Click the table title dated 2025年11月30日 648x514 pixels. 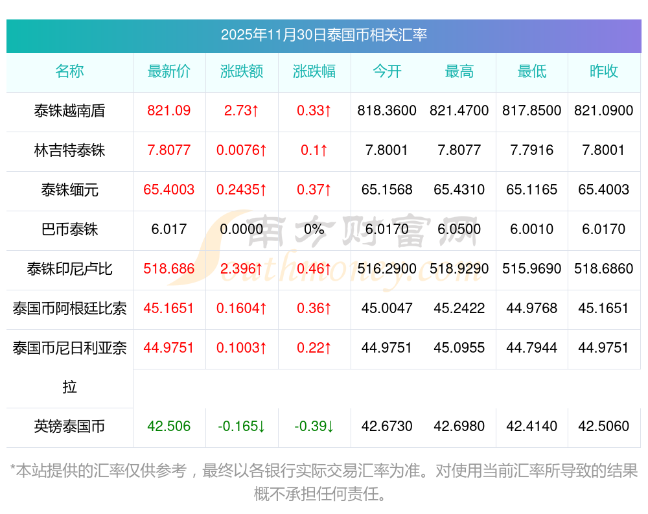(323, 35)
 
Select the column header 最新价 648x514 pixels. (169, 72)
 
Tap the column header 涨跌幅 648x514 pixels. (314, 72)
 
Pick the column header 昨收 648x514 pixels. (604, 72)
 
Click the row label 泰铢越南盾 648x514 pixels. (69, 111)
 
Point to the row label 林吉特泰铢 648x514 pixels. (69, 150)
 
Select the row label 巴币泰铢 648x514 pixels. (69, 229)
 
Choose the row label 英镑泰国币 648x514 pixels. (69, 426)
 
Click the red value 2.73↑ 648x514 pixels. (242, 111)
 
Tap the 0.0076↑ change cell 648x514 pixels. (242, 150)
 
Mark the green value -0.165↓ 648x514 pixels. (242, 426)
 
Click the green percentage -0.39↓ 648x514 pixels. (314, 426)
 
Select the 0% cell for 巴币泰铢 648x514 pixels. (314, 229)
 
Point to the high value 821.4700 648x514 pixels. (459, 111)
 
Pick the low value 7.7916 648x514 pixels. (532, 150)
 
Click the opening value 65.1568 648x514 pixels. (387, 190)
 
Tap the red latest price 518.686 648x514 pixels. (169, 269)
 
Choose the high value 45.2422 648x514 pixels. (459, 309)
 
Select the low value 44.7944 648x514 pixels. (532, 348)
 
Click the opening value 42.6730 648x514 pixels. (387, 426)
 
